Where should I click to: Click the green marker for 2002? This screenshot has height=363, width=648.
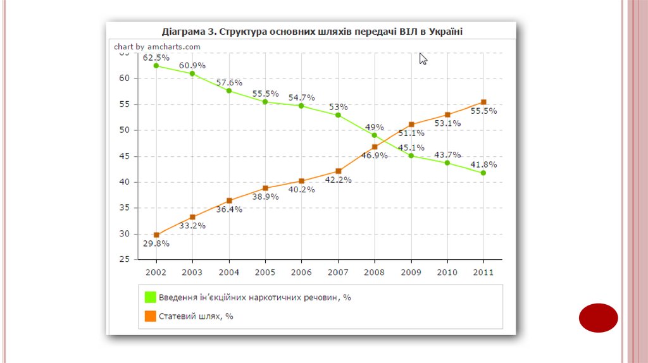156,65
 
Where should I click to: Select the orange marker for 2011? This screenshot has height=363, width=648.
483,102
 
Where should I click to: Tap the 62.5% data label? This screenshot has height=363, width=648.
156,58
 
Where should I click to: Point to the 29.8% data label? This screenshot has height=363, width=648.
156,243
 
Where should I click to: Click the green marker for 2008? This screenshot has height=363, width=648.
375,135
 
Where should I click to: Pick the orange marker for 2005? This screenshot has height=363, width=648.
265,188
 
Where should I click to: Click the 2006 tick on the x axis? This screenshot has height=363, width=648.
302,272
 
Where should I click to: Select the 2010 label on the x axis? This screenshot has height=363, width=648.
447,272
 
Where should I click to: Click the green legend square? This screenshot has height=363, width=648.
150,297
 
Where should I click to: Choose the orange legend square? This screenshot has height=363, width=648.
150,316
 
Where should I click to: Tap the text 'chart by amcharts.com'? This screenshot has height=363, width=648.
157,47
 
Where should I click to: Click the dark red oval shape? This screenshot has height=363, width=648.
598,317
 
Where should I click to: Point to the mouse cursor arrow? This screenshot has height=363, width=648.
423,58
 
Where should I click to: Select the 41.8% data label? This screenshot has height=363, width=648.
484,164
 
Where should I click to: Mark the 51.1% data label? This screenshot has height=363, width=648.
411,133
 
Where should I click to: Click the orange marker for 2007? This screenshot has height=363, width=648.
339,171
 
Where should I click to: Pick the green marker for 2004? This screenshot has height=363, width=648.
229,90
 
